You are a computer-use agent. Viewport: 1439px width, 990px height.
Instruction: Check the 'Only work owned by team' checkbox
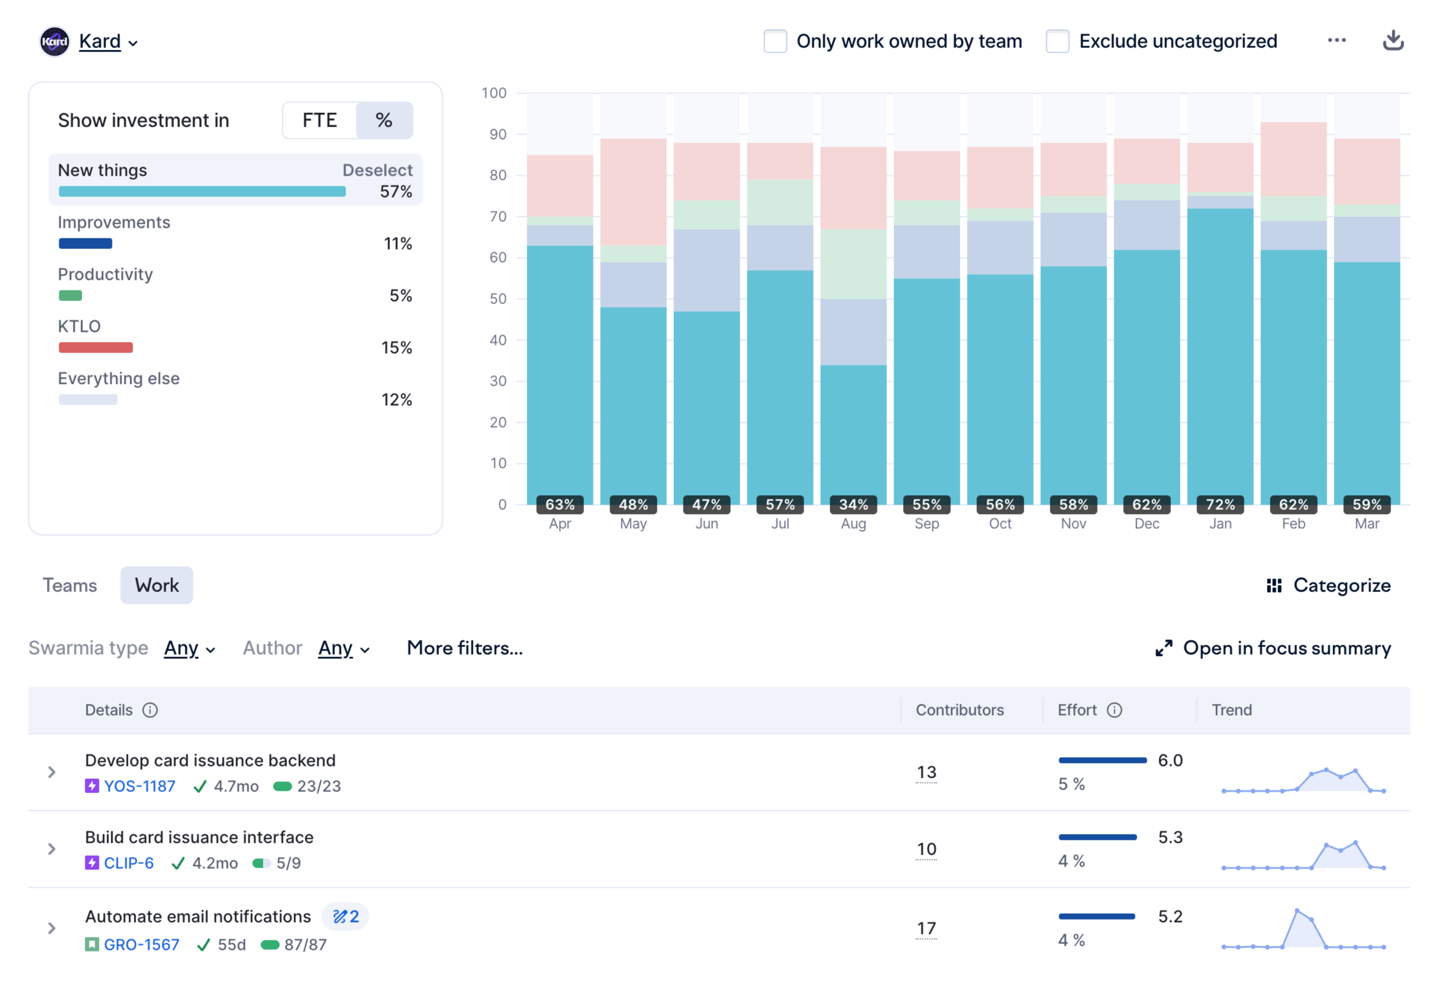775,41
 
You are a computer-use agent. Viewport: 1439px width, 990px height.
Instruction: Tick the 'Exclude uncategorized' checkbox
1057,41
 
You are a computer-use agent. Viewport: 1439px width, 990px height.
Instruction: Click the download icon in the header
1393,40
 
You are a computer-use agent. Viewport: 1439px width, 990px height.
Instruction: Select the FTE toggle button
320,120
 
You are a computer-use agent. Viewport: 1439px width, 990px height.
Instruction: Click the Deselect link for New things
378,170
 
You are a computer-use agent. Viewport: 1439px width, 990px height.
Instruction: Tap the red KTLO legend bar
96,347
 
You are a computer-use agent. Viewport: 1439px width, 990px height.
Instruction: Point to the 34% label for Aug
853,505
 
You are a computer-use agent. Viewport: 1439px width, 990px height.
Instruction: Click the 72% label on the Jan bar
1220,505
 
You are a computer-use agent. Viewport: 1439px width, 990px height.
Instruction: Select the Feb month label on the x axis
1293,524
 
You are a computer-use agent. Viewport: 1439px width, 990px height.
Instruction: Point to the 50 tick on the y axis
498,299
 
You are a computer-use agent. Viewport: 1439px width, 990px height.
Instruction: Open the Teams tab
69,585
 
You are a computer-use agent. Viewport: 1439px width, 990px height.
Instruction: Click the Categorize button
1328,585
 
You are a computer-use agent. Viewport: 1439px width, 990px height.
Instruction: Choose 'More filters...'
464,648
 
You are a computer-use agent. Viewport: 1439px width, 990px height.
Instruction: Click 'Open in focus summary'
1273,648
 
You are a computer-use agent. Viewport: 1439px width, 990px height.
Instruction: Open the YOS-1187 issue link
140,787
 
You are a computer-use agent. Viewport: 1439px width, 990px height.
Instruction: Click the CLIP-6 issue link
128,863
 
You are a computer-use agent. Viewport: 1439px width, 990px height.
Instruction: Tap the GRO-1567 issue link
141,944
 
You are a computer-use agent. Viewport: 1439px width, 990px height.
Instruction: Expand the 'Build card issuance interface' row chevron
52,849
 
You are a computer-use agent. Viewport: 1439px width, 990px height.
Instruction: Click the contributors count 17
927,928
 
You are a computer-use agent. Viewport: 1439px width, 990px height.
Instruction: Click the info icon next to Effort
1115,710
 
